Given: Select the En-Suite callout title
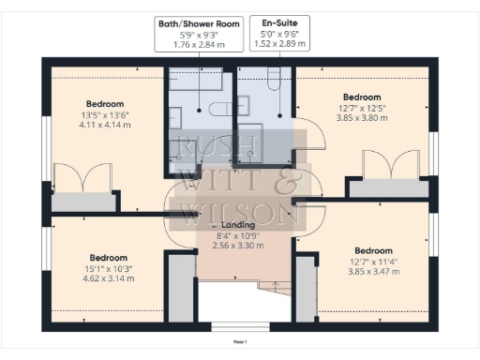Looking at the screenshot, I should point(278,22).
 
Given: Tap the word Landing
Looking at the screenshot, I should point(239,226).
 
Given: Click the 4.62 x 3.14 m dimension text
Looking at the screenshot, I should point(110,278).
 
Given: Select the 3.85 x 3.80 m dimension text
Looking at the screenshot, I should point(361,119).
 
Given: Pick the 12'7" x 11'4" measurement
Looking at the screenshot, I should point(373,262).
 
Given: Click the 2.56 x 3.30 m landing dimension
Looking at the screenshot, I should point(239,246).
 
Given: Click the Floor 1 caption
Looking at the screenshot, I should point(240,342).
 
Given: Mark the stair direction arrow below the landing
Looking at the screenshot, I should point(274,284).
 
